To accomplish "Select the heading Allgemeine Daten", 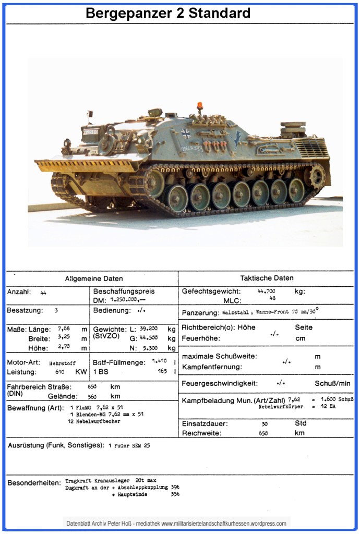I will click(94, 278).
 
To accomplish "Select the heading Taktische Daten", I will click(267, 278).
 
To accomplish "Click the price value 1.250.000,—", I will click(128, 300).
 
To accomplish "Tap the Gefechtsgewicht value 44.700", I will click(267, 291).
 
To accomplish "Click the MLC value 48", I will click(272, 298).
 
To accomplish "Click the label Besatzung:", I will click(23, 310).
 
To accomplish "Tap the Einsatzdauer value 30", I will click(265, 424).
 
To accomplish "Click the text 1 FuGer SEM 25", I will click(129, 446).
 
